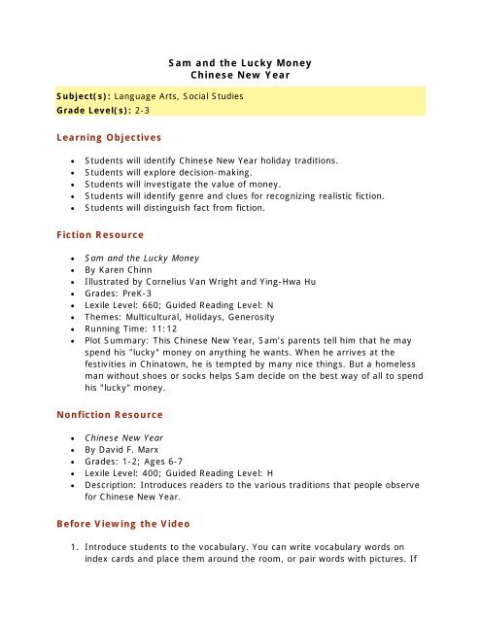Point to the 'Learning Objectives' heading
tap(107, 138)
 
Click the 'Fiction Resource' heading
tap(98, 235)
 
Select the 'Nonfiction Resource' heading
tap(110, 414)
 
